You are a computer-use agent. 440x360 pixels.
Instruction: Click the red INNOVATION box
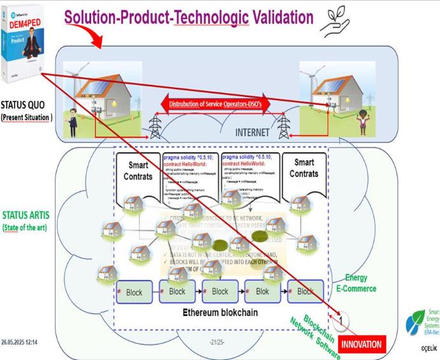[x=362, y=344]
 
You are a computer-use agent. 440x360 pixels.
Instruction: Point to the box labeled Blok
[x=263, y=292]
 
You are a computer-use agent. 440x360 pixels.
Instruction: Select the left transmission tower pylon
[x=154, y=126]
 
